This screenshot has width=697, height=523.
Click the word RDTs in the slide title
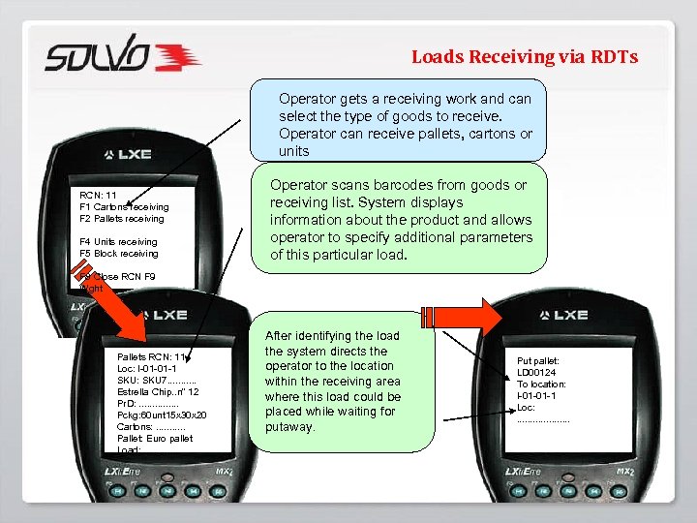(615, 57)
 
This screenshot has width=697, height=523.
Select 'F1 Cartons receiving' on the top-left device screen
(124, 206)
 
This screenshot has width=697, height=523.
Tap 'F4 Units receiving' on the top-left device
(118, 241)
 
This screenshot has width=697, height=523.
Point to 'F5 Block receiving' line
(119, 254)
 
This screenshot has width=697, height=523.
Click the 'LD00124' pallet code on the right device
(537, 373)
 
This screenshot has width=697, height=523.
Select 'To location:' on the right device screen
(542, 385)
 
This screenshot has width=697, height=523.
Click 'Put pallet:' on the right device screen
(539, 361)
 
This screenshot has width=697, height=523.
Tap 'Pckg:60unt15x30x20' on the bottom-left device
(161, 415)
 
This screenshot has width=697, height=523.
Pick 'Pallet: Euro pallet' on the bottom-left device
(155, 438)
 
